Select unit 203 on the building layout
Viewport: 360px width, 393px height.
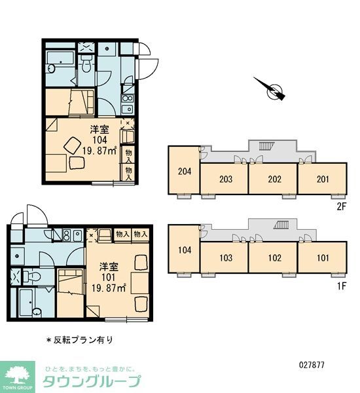click(224, 179)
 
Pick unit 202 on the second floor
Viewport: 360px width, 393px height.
click(273, 179)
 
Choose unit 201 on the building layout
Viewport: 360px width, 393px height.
click(322, 179)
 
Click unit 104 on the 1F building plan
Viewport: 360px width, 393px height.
click(184, 250)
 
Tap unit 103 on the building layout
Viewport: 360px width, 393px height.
click(224, 257)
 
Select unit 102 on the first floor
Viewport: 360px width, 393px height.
click(273, 257)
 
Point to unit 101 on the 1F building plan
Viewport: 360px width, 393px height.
click(322, 257)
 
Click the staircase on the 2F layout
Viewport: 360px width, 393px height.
click(269, 145)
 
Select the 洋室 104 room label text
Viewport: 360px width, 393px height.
click(99, 140)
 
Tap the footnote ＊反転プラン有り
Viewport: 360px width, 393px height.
click(79, 339)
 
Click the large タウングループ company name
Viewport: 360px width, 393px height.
click(92, 381)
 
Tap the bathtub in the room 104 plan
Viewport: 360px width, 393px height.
click(60, 67)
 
